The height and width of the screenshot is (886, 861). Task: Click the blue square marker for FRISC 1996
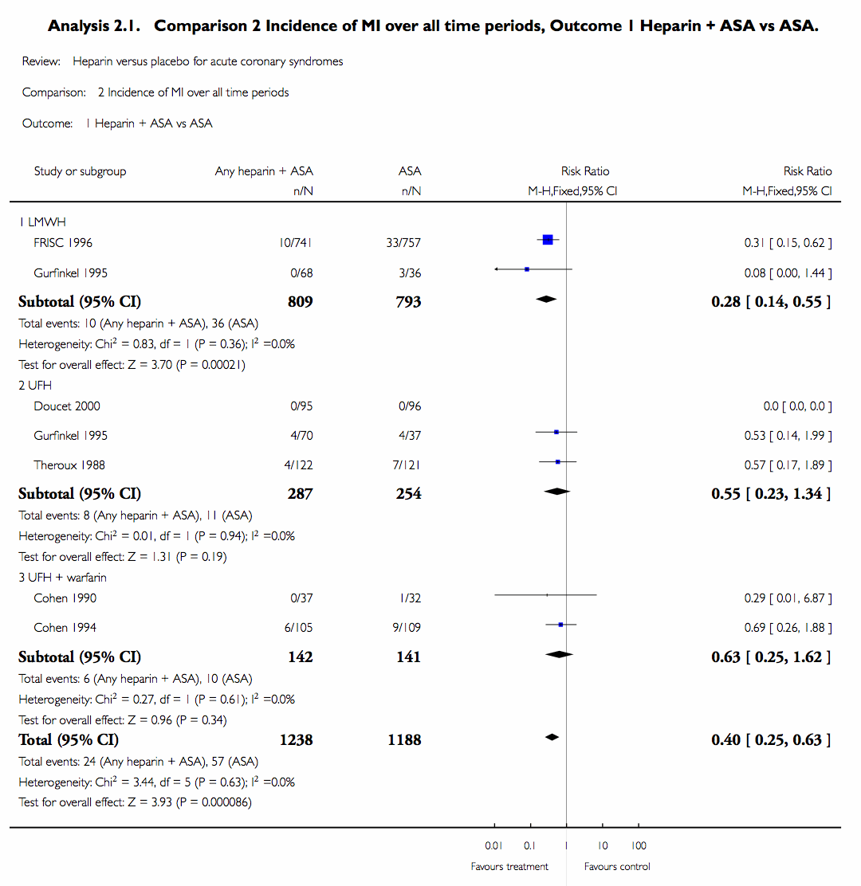(547, 240)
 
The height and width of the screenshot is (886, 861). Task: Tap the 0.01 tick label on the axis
(494, 845)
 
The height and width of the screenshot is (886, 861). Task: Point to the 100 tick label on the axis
(639, 845)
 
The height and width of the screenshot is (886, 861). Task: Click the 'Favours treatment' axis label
(509, 866)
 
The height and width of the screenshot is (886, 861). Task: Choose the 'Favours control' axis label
(617, 866)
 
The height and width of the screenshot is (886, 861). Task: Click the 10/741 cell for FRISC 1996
(296, 242)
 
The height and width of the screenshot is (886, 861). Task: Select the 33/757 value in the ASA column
(403, 242)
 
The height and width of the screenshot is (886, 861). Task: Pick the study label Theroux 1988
(69, 465)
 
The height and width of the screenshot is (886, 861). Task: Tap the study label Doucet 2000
(67, 406)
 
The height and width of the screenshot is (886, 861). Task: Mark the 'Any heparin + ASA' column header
(264, 171)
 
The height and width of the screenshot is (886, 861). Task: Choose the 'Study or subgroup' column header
(80, 171)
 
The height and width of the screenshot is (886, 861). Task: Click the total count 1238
(296, 740)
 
